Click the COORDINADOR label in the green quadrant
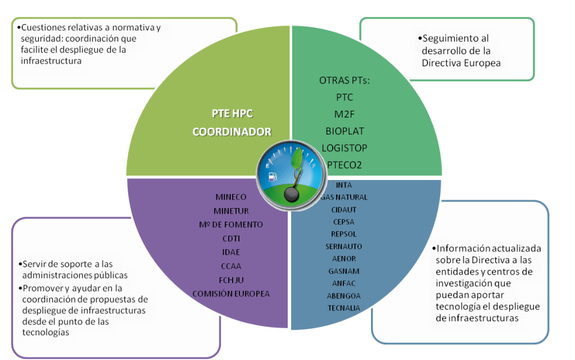pos(232,132)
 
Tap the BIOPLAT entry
pos(345,131)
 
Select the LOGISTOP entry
pos(345,148)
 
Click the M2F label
pos(345,114)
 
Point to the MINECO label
pos(231,197)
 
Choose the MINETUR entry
pos(231,211)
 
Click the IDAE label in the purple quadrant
pos(231,252)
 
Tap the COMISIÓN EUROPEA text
pos(231,294)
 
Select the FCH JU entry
pos(231,280)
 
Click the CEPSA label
pos(343,222)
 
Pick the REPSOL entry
pos(343,234)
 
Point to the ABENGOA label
pos(343,296)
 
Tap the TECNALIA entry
pos(343,308)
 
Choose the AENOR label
pos(343,259)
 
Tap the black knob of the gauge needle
pos(291,194)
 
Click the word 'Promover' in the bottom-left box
pos(40,288)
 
